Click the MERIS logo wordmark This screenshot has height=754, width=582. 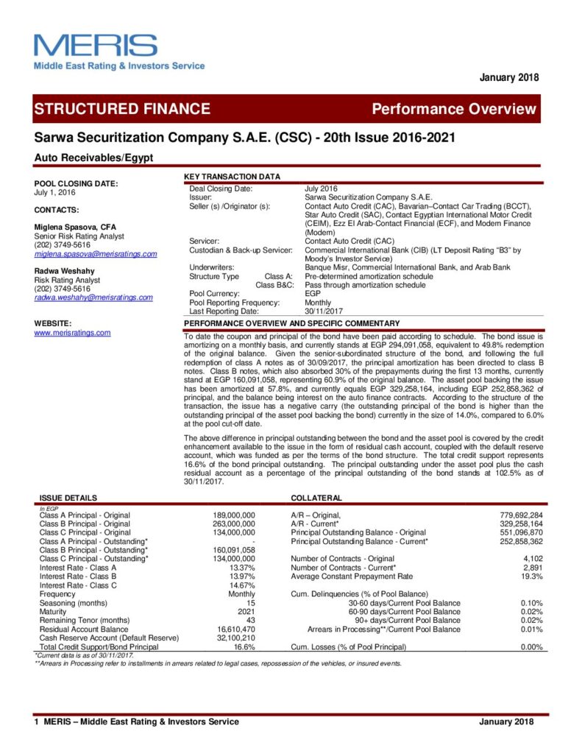pyautogui.click(x=96, y=46)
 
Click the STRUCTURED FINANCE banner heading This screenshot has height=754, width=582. pyautogui.click(x=122, y=109)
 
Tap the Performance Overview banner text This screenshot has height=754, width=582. pyautogui.click(x=454, y=109)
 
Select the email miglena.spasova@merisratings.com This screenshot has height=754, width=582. pyautogui.click(x=96, y=254)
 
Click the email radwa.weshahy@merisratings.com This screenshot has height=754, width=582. pyautogui.click(x=93, y=297)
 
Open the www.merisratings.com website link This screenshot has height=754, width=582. pyautogui.click(x=72, y=333)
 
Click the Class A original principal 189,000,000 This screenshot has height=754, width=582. pyautogui.click(x=233, y=515)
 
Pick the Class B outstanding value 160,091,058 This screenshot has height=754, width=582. pyautogui.click(x=233, y=549)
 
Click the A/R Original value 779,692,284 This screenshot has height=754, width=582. pyautogui.click(x=520, y=515)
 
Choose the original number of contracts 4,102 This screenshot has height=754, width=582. pyautogui.click(x=532, y=558)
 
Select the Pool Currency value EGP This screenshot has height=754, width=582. pyautogui.click(x=313, y=294)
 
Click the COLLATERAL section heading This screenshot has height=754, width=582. pyautogui.click(x=316, y=498)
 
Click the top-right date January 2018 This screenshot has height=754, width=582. pyautogui.click(x=509, y=77)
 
